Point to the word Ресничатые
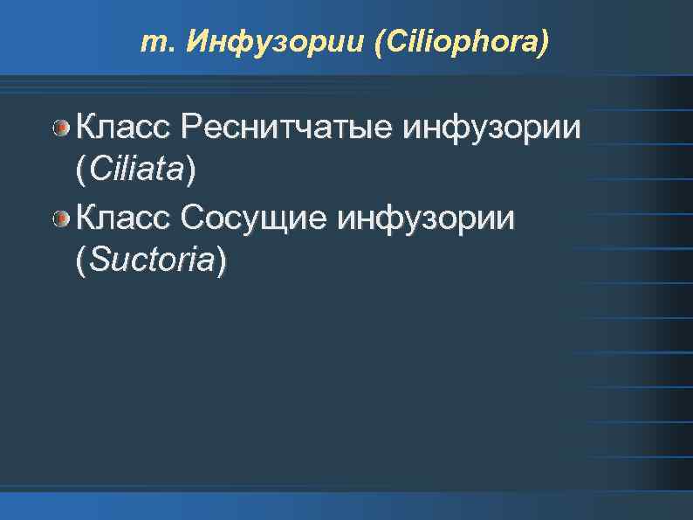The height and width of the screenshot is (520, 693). tap(289, 129)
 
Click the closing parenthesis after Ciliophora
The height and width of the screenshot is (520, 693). tap(545, 41)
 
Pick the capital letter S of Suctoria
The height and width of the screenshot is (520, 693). tap(97, 259)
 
